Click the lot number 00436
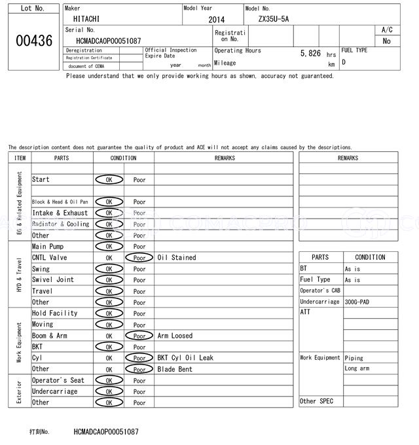(33, 41)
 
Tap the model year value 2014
(216, 20)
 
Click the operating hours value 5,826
(310, 53)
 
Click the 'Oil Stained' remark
(177, 258)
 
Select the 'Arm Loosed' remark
(175, 336)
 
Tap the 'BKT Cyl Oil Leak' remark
(185, 358)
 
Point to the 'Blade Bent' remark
(175, 369)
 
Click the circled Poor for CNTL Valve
(139, 258)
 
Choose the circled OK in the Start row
(109, 179)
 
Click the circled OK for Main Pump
(109, 247)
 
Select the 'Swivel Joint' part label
(53, 280)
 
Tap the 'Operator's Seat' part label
(58, 380)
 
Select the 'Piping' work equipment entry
(354, 358)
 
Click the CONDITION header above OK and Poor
(123, 158)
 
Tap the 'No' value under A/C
(386, 41)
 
